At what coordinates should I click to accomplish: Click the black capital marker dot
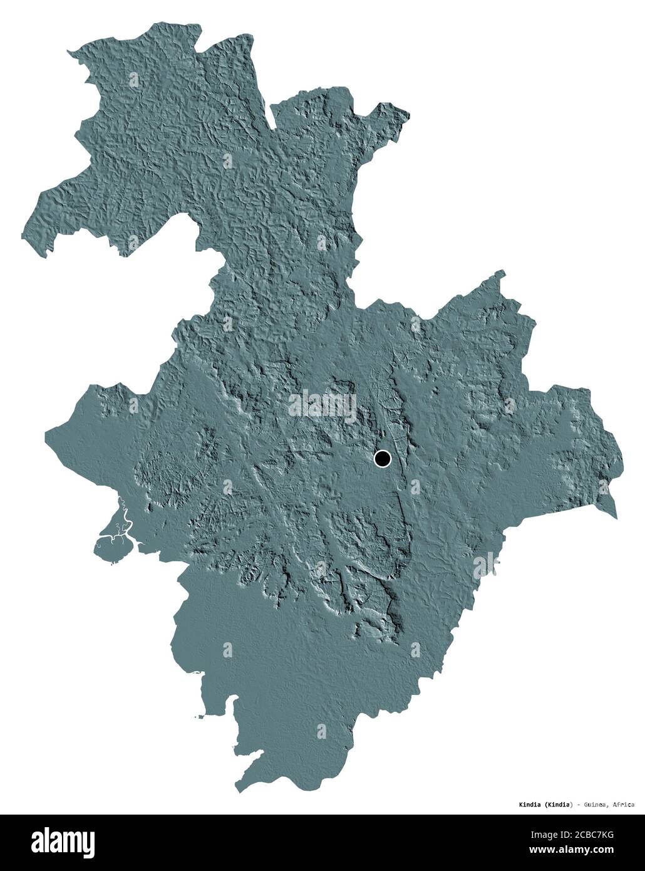(x=382, y=459)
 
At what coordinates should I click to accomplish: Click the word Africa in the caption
(x=623, y=804)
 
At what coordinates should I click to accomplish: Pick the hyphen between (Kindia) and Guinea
(x=577, y=804)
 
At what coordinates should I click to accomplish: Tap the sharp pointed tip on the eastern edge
(x=616, y=518)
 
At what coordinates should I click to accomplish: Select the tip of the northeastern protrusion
(x=408, y=113)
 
